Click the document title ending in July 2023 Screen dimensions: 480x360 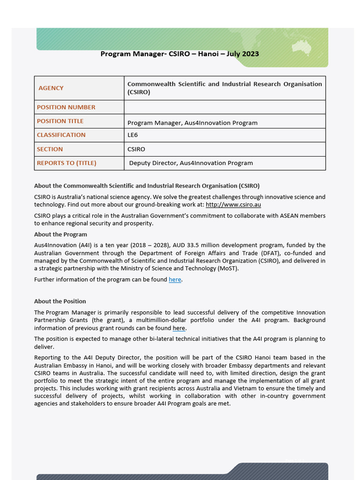(180, 54)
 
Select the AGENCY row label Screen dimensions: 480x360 (51, 88)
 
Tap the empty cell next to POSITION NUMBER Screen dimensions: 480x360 (225, 107)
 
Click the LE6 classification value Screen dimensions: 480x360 (133, 135)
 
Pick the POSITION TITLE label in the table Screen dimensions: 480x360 (60, 121)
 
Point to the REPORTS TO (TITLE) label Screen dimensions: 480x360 (67, 163)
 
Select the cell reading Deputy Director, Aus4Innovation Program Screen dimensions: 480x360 (191, 163)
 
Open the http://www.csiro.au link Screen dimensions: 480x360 (233, 205)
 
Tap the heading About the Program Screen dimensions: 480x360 (60, 234)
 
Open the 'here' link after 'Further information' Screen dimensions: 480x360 (175, 280)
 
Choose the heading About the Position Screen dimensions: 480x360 (60, 301)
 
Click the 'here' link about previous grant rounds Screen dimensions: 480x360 (179, 328)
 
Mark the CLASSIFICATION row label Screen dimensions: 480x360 (61, 135)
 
